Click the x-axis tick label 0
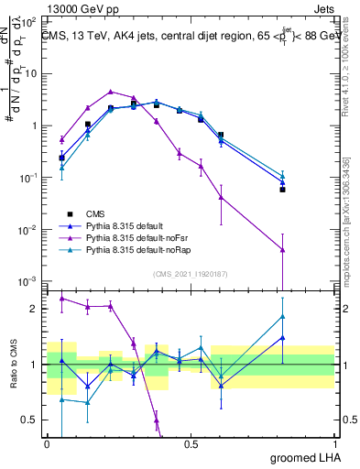click(47, 443)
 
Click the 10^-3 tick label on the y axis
click(29, 280)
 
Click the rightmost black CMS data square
click(283, 190)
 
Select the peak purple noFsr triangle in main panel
click(110, 92)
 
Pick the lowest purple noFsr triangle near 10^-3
click(283, 249)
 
